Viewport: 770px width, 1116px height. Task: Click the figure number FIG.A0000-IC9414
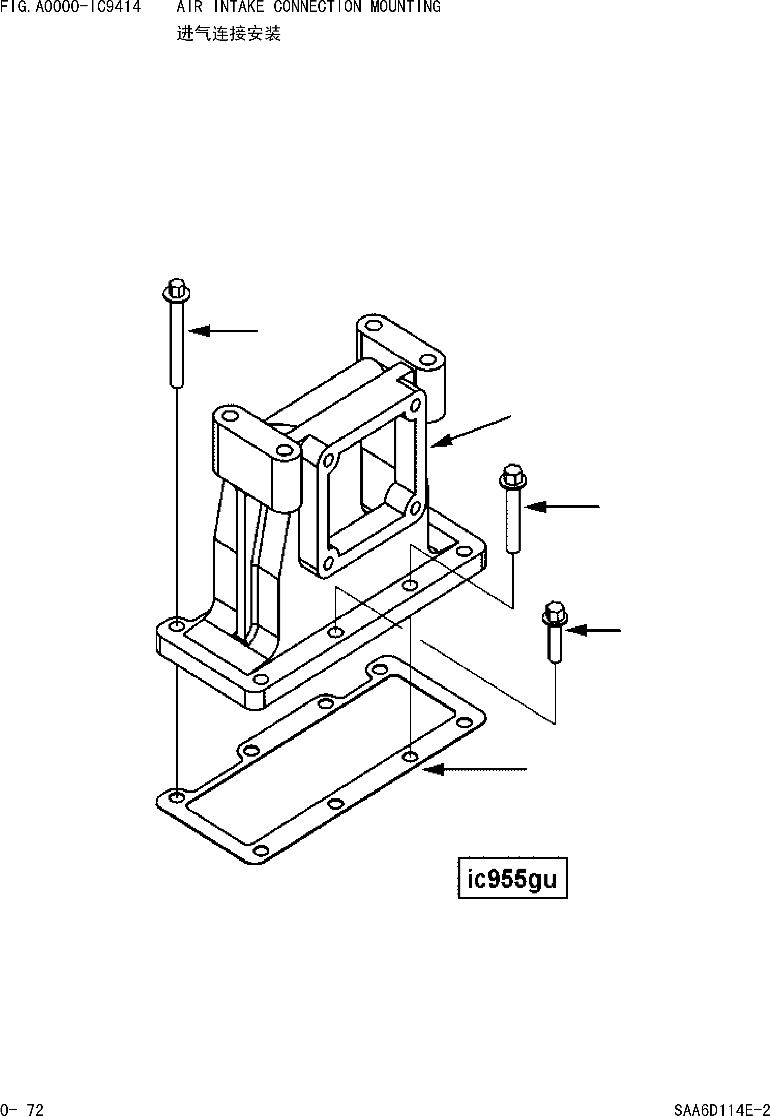tap(70, 7)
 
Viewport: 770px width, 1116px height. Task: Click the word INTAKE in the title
tap(239, 7)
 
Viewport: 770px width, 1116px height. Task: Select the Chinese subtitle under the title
tap(229, 34)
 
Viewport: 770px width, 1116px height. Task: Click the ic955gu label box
tap(512, 878)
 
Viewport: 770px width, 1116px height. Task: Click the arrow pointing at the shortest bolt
tap(593, 630)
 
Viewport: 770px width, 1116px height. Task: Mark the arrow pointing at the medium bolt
tap(562, 507)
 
